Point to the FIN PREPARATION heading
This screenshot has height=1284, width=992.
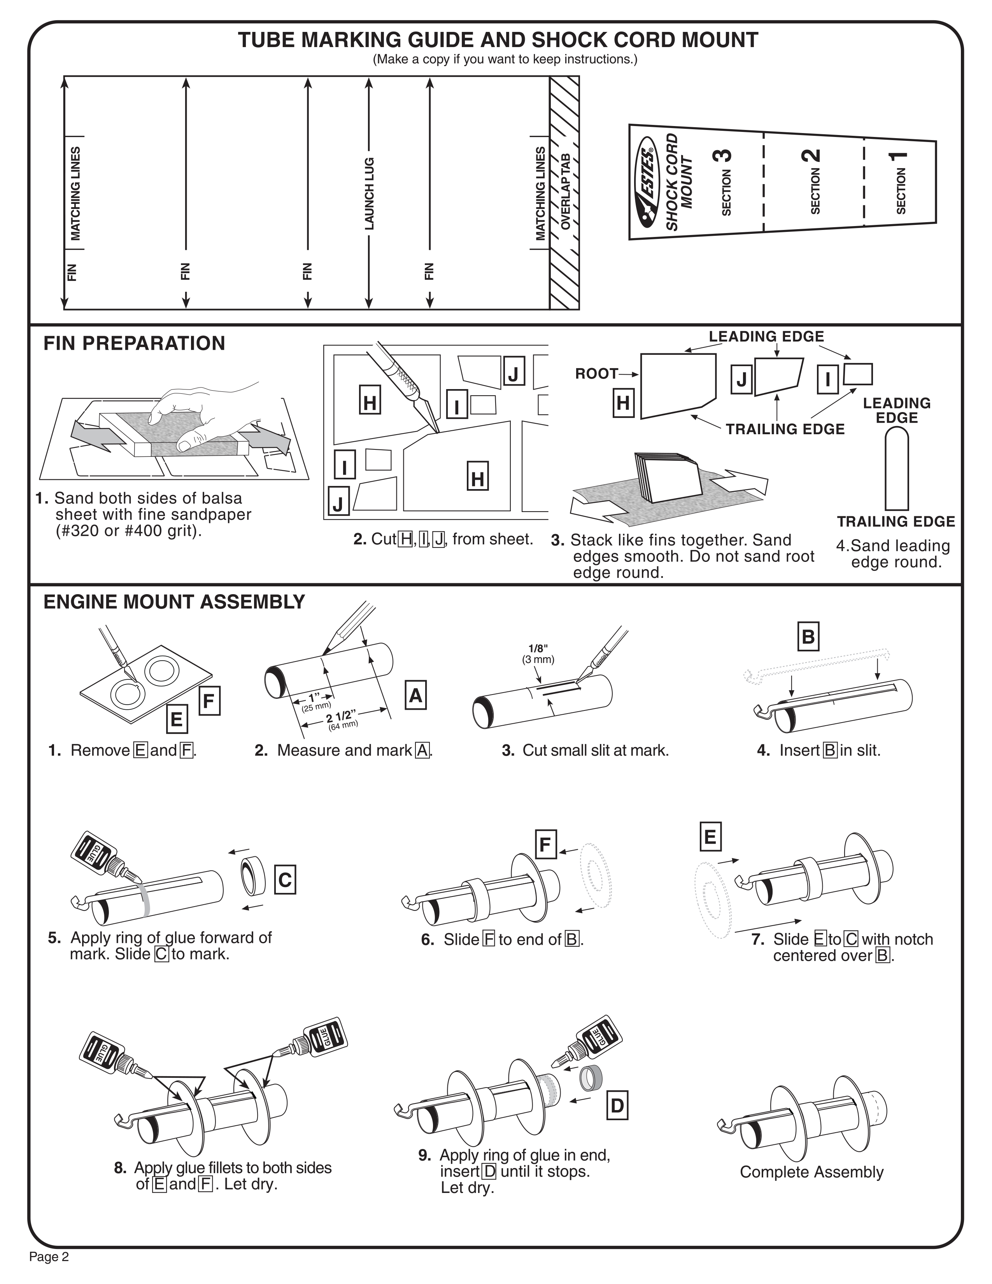coord(134,343)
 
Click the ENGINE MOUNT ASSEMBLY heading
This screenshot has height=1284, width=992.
coord(174,602)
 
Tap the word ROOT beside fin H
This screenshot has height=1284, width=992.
coord(596,374)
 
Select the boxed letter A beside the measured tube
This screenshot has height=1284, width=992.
coord(415,696)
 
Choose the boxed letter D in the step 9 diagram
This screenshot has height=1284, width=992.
coord(617,1106)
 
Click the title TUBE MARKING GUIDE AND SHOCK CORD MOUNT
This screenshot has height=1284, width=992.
coord(498,40)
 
